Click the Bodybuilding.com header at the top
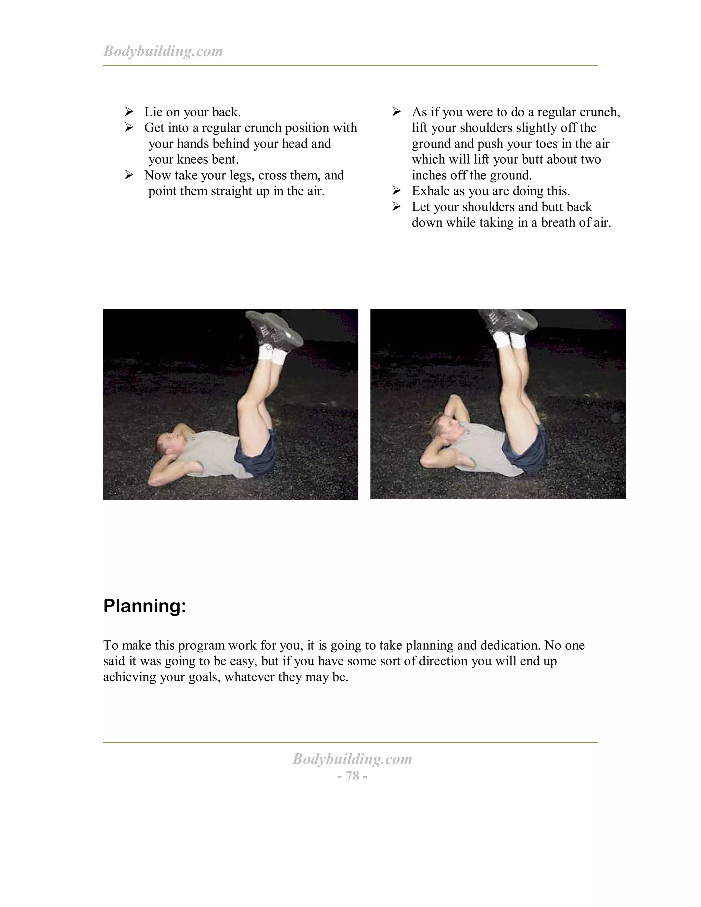[x=163, y=51]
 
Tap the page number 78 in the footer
[x=352, y=775]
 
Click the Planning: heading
[x=144, y=606]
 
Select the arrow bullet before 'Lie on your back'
[x=129, y=112]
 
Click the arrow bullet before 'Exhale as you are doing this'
[x=397, y=191]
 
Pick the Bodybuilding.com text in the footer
[x=352, y=759]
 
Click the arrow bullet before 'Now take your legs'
[x=129, y=175]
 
